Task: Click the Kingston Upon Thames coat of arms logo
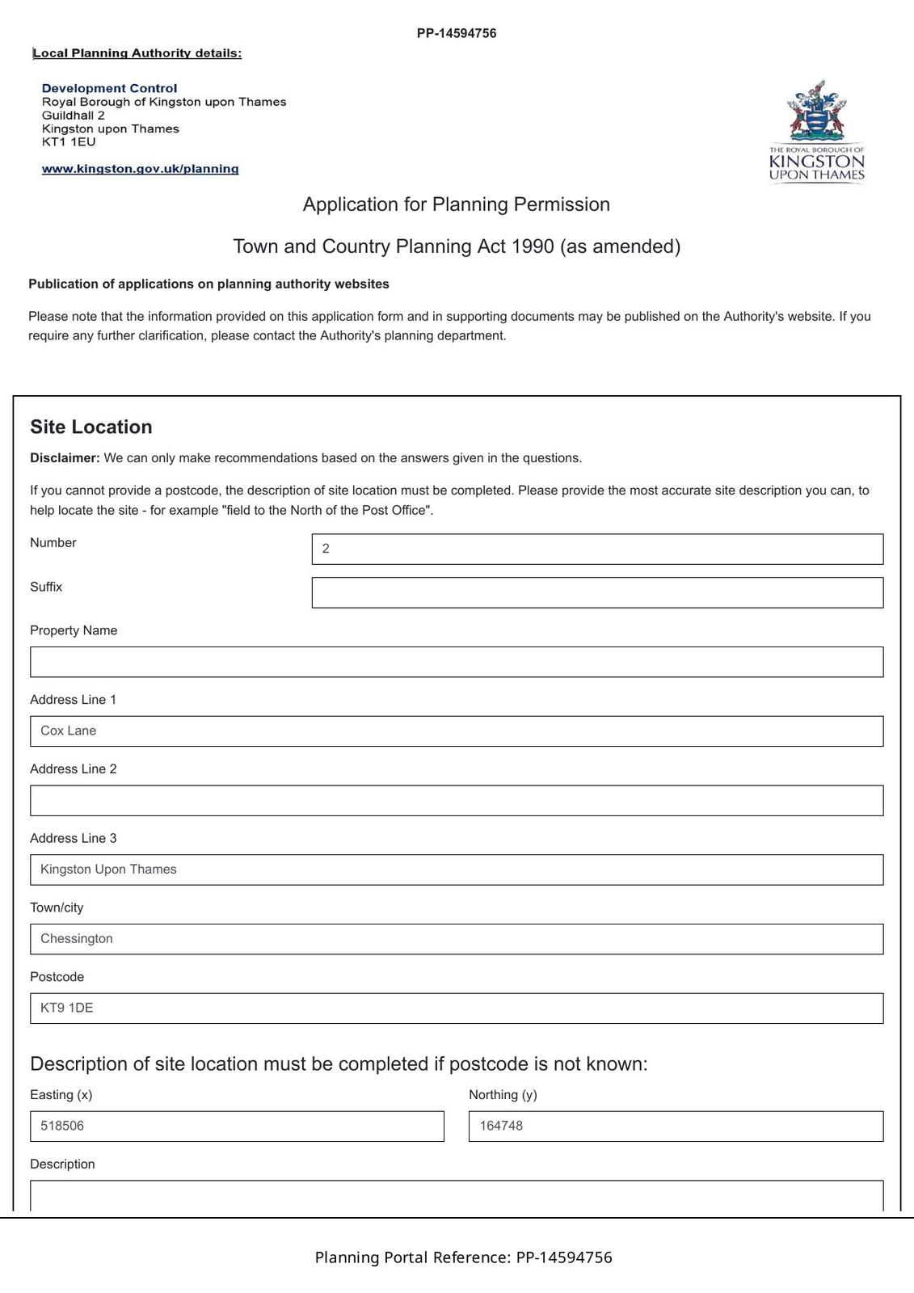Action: coord(817,132)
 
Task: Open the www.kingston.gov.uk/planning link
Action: coord(140,169)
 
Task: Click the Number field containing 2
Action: coord(597,549)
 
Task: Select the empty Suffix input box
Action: coord(597,592)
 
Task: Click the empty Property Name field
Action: coord(457,662)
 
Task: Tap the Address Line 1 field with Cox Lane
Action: coord(457,731)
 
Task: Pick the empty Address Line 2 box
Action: coord(457,800)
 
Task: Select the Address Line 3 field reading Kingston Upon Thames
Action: coord(457,870)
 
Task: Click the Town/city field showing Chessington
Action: coord(457,939)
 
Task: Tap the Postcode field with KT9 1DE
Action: coord(457,1009)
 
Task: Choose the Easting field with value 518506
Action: coord(237,1127)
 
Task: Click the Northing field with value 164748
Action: coord(676,1127)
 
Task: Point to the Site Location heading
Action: coord(91,427)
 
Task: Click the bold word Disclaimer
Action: coord(65,458)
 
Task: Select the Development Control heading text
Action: coord(109,88)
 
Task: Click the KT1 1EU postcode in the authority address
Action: coord(69,142)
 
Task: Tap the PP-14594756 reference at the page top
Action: coord(457,33)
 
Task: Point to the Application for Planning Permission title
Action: coord(457,204)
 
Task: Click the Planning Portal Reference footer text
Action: coord(463,1257)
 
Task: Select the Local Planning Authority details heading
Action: coord(137,53)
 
